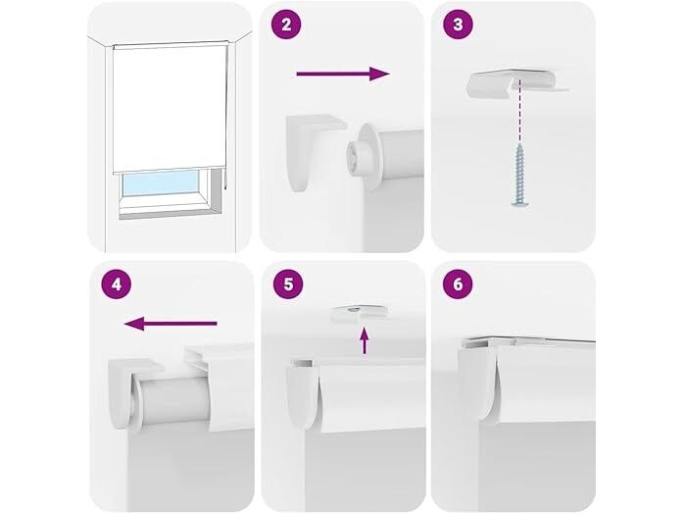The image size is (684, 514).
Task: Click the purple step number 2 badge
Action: tap(286, 25)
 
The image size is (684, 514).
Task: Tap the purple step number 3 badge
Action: tap(458, 25)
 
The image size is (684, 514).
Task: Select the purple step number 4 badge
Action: tap(116, 284)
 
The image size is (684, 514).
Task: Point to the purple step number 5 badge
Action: tap(288, 284)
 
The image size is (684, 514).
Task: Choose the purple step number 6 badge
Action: tap(458, 284)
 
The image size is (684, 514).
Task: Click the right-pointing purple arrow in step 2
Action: tap(343, 74)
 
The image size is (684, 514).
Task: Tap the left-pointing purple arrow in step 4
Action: tap(171, 324)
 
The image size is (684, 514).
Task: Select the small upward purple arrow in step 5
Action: tap(365, 340)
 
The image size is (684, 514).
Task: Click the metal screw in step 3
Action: tap(519, 175)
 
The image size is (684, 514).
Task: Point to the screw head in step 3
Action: tap(519, 202)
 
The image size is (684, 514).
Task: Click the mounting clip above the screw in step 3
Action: tap(516, 82)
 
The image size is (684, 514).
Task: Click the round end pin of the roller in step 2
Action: tap(358, 156)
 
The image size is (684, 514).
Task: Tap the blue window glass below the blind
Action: tap(161, 183)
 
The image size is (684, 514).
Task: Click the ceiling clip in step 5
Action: tap(359, 314)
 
